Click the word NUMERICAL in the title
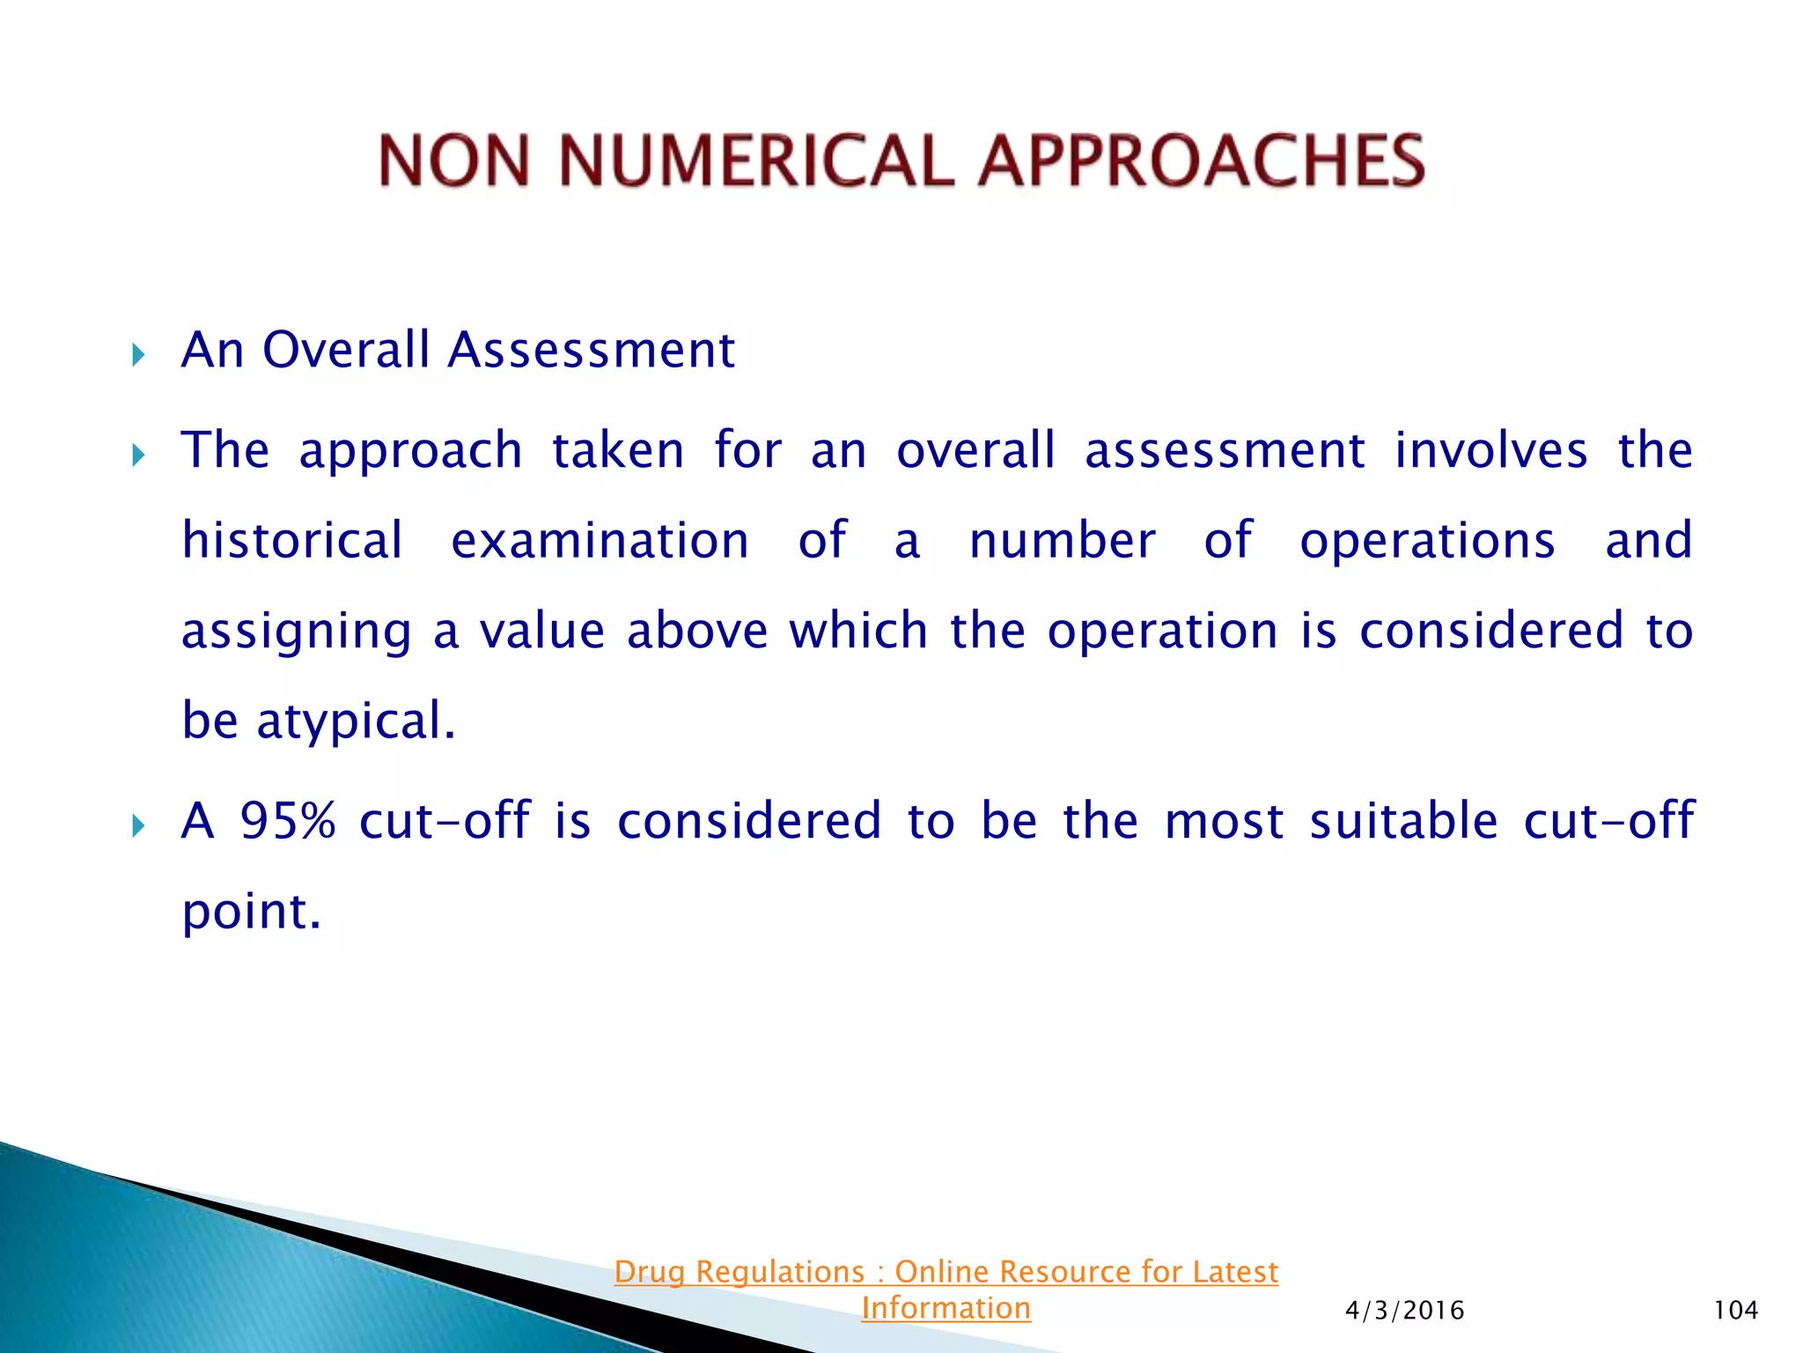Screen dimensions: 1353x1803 tap(755, 161)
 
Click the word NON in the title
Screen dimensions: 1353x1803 tap(454, 161)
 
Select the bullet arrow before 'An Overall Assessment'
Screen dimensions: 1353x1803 tap(138, 356)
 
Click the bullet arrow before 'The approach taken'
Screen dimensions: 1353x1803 tap(138, 455)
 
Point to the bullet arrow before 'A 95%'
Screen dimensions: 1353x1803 tap(138, 826)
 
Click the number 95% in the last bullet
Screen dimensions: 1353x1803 tap(288, 821)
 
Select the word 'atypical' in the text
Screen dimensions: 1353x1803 tap(356, 722)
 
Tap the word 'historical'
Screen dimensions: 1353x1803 tap(292, 540)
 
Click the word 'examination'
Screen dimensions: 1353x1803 tap(600, 540)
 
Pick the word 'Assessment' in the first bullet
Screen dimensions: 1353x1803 tap(591, 350)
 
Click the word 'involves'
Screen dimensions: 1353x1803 tap(1490, 450)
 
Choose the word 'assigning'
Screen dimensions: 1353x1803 tap(296, 632)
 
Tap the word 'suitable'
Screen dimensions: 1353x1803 tap(1403, 821)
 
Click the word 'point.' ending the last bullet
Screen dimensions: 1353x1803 tap(251, 913)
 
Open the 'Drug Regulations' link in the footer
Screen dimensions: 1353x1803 tap(946, 1272)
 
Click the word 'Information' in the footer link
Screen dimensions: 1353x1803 tap(946, 1308)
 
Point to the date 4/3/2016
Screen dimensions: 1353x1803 tap(1404, 1311)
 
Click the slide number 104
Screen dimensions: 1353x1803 tap(1735, 1311)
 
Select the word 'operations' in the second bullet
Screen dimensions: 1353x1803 tap(1427, 540)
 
